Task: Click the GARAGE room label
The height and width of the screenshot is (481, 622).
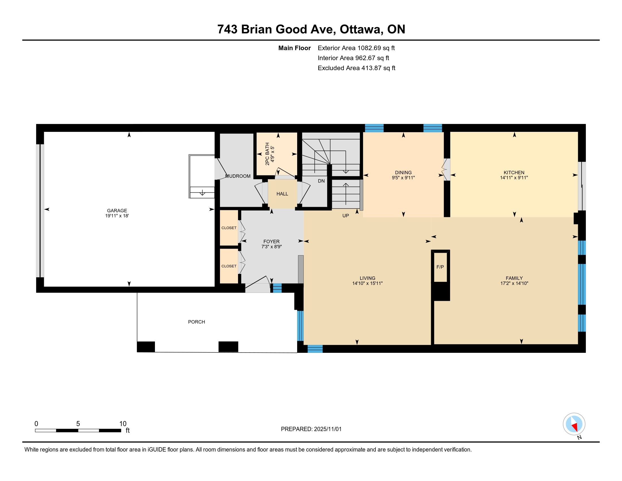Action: [x=117, y=211]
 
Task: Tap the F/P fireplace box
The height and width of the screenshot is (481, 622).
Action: [x=440, y=267]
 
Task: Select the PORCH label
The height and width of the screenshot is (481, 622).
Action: [x=196, y=322]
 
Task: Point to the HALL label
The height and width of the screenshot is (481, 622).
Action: [x=282, y=194]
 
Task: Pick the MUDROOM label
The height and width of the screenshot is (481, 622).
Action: [x=238, y=176]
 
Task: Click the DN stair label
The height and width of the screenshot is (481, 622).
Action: [x=321, y=181]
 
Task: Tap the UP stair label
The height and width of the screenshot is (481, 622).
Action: [x=345, y=216]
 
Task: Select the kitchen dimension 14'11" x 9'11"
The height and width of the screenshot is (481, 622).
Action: [x=514, y=177]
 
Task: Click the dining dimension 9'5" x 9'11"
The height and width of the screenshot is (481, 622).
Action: [x=403, y=177]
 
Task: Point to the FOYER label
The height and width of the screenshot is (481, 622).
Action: [x=271, y=242]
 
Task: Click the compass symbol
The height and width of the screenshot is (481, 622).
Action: [x=574, y=424]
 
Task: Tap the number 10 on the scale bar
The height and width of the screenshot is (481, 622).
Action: [x=123, y=424]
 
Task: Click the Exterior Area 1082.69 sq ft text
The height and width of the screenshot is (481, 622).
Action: [x=356, y=48]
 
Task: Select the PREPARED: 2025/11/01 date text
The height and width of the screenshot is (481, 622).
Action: [x=311, y=429]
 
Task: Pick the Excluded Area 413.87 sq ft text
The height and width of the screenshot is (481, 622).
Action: [x=357, y=68]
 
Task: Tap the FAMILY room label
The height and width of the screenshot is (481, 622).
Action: [x=514, y=278]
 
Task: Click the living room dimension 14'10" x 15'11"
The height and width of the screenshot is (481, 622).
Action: [x=367, y=283]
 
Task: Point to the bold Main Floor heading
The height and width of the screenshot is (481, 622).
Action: [x=295, y=48]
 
